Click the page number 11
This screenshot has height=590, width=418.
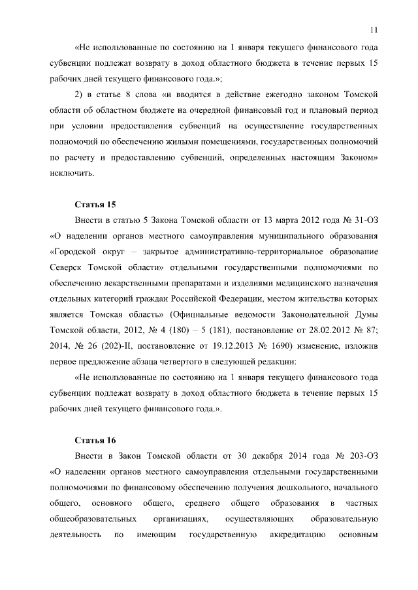point(374,29)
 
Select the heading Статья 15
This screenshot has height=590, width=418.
point(95,204)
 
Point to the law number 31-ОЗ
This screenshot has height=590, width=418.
point(362,220)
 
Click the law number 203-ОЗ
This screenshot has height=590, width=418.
point(361,456)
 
